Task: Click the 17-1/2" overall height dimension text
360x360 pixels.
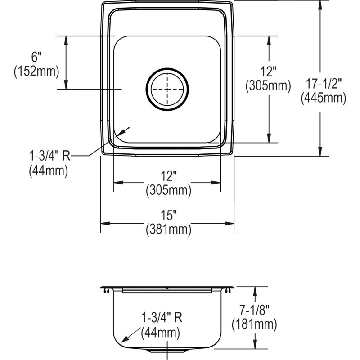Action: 324,84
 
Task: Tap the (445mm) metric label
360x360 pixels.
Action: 324,98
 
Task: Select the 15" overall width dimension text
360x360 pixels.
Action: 169,215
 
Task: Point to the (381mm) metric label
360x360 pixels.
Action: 168,229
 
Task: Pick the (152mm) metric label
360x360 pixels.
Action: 36,71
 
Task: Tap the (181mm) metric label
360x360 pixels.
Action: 254,324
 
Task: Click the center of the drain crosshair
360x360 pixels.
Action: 167,89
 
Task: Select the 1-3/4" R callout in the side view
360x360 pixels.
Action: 162,318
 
